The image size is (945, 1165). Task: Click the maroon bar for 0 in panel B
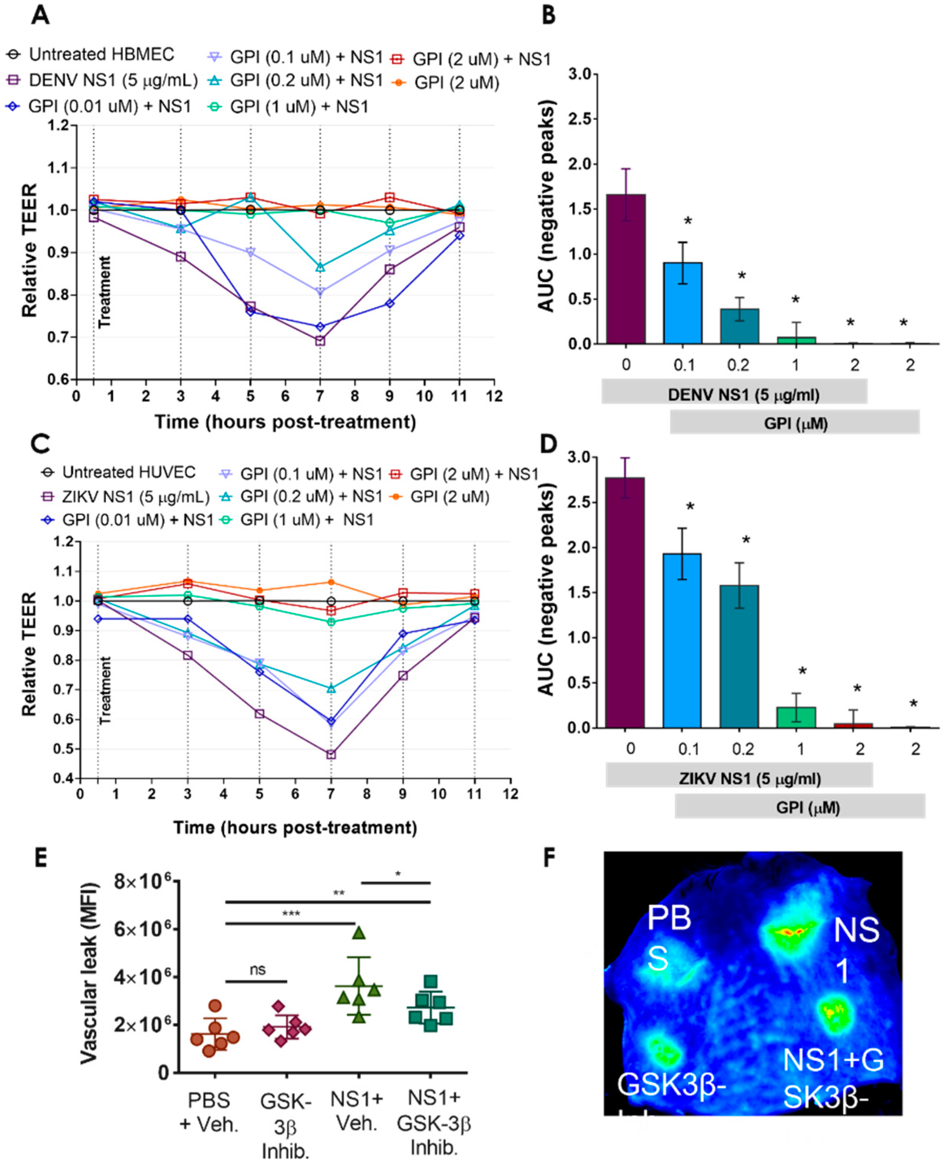click(x=626, y=269)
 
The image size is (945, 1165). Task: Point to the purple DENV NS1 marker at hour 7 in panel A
click(x=320, y=341)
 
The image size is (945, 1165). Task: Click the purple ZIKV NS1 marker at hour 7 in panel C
click(x=331, y=755)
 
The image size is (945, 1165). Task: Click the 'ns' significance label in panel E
click(x=257, y=970)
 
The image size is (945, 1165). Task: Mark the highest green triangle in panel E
click(x=359, y=933)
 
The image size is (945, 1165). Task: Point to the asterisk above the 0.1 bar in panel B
click(x=688, y=222)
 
